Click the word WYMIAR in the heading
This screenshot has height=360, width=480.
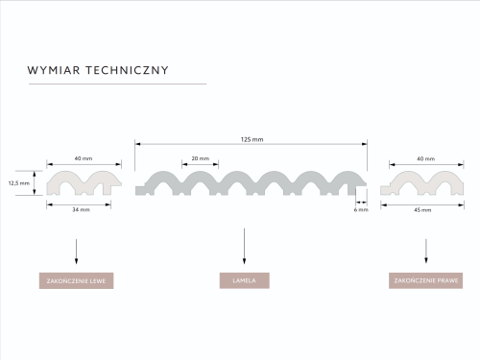click(x=54, y=70)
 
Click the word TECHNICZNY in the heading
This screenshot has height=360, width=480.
click(x=127, y=70)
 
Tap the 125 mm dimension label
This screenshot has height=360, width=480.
click(x=252, y=139)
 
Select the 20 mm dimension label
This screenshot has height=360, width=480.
click(x=201, y=158)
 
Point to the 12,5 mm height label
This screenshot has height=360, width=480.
click(x=19, y=183)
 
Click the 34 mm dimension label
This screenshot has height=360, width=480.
click(x=81, y=209)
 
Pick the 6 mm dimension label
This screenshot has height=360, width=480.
click(x=361, y=209)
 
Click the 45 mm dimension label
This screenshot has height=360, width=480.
click(x=422, y=210)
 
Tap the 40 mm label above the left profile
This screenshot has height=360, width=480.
click(x=84, y=158)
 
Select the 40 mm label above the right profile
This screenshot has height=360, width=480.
click(x=426, y=158)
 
